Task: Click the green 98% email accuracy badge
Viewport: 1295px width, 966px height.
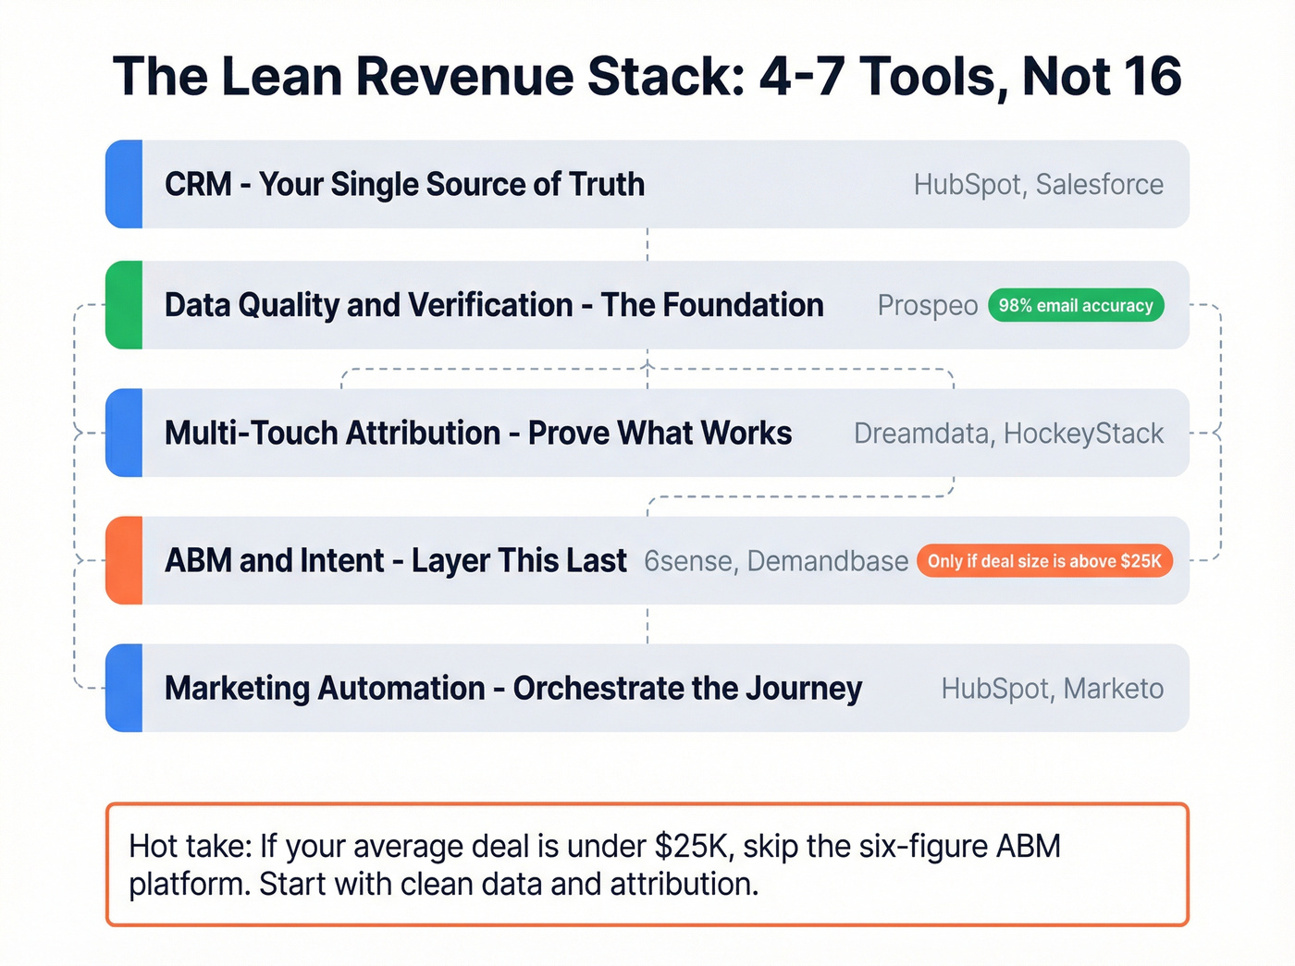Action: (x=1076, y=305)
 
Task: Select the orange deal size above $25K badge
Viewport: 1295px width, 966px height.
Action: (x=1044, y=561)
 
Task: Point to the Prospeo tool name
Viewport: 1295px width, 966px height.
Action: (x=927, y=305)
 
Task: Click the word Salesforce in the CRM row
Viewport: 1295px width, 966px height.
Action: (x=1099, y=185)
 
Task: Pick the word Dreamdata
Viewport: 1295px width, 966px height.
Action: (x=920, y=434)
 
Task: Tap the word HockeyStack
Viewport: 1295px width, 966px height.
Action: (x=1083, y=434)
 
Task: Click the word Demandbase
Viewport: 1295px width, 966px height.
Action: (x=827, y=561)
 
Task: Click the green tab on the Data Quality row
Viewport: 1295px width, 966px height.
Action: (x=124, y=305)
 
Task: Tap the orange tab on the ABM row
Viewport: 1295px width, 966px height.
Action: (x=124, y=560)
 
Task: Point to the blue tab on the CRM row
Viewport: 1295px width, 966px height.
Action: (x=124, y=184)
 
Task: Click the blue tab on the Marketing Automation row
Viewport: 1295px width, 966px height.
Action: (x=124, y=688)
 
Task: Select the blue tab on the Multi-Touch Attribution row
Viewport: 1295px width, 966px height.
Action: (x=124, y=433)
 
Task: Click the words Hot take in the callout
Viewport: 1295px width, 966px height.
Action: (x=190, y=846)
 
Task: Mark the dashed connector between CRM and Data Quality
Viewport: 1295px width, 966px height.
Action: (x=647, y=244)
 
